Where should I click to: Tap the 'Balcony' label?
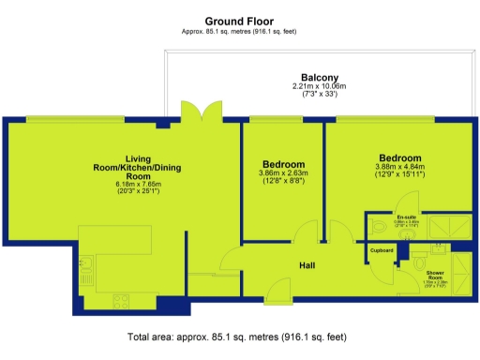[x=319, y=77]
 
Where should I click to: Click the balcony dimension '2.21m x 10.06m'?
[x=319, y=86]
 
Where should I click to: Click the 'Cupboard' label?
[x=382, y=250]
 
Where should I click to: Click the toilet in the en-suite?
[x=378, y=227]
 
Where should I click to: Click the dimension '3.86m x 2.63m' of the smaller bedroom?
[x=283, y=173]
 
